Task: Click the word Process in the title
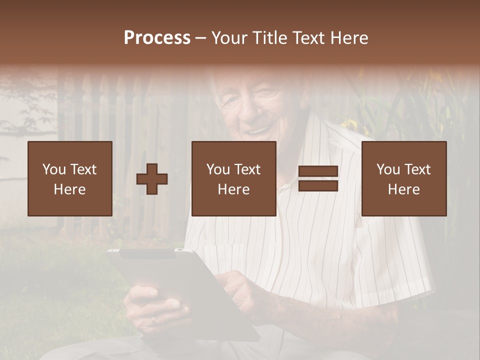tap(157, 38)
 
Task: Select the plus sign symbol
tap(152, 179)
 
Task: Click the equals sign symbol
tap(318, 178)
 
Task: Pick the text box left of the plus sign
tap(70, 178)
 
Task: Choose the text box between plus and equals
tap(234, 178)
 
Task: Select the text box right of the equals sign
tap(404, 178)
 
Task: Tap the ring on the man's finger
tap(154, 318)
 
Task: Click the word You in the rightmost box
tap(388, 169)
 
